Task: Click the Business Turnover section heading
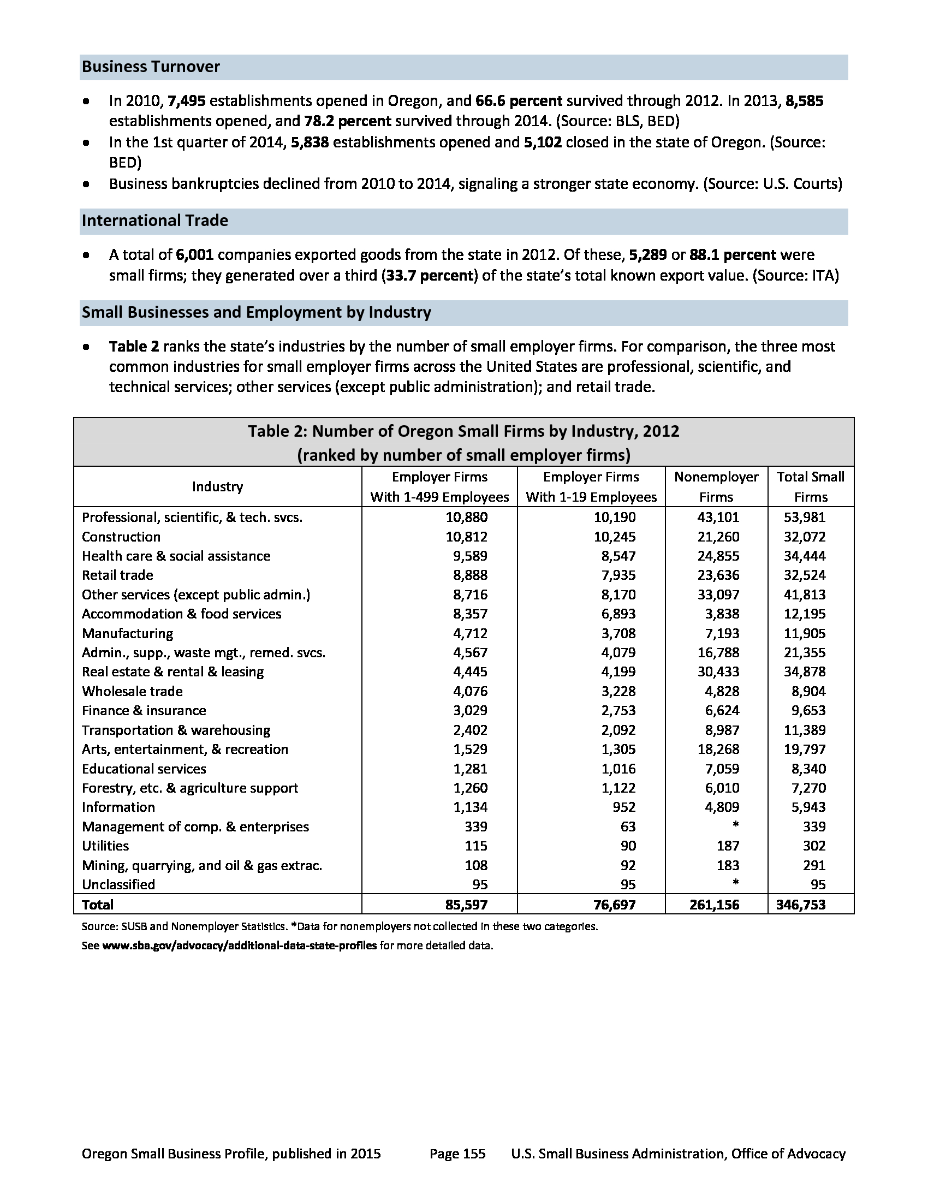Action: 151,67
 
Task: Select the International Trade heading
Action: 154,221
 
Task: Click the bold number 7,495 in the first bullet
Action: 186,101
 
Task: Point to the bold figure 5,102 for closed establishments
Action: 543,142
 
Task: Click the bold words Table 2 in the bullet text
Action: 134,347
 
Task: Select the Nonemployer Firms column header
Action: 716,486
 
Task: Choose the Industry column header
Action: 217,486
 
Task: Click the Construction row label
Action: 121,537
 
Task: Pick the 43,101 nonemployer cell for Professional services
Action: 718,518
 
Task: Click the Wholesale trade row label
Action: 132,691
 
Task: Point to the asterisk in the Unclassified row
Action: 735,884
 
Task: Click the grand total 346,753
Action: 800,905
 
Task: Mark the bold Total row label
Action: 97,905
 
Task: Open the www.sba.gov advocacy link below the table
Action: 239,946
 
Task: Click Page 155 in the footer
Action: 457,1154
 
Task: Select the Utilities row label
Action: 105,846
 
